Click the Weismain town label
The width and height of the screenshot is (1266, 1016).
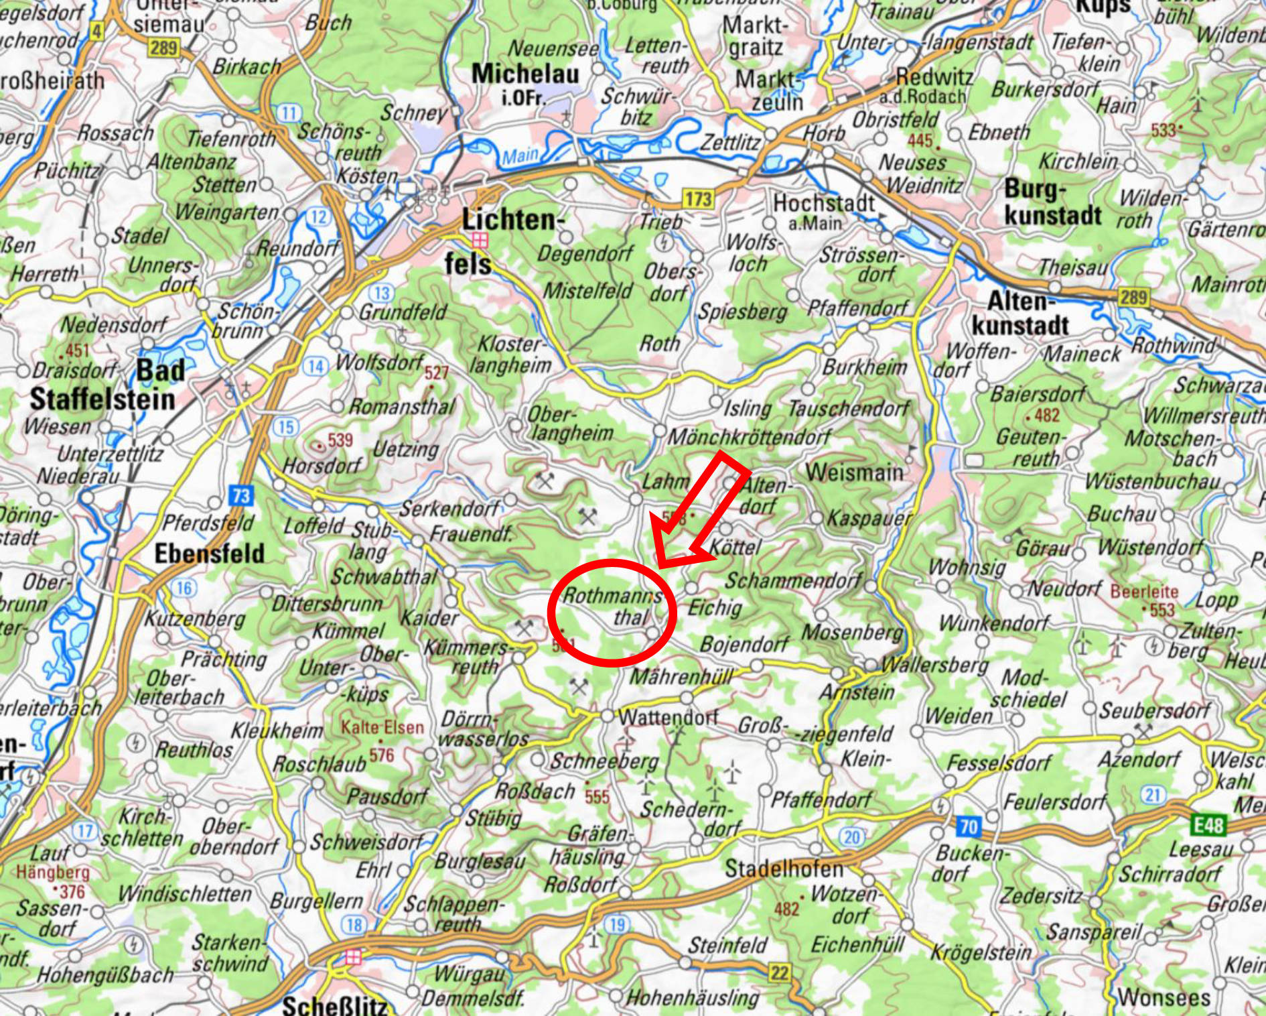(854, 472)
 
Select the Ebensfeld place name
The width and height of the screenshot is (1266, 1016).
(209, 554)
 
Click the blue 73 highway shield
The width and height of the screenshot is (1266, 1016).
(241, 495)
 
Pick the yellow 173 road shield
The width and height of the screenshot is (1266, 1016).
(697, 198)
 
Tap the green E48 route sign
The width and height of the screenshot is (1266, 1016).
(1208, 824)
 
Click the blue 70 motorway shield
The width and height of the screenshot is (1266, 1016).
(969, 826)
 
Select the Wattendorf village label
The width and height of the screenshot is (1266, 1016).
(668, 717)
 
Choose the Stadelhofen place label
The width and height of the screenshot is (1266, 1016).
(784, 869)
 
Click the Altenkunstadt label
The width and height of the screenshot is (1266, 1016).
(1020, 313)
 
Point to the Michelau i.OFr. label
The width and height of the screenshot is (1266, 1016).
(525, 82)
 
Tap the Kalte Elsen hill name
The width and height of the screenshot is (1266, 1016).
(382, 727)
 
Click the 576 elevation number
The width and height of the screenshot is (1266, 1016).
(382, 755)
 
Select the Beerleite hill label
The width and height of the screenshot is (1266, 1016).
(1144, 592)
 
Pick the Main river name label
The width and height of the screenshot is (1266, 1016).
(520, 156)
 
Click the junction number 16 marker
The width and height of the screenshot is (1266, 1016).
(184, 588)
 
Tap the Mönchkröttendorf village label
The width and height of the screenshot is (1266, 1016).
(750, 437)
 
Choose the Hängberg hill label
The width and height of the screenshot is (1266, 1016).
(53, 872)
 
